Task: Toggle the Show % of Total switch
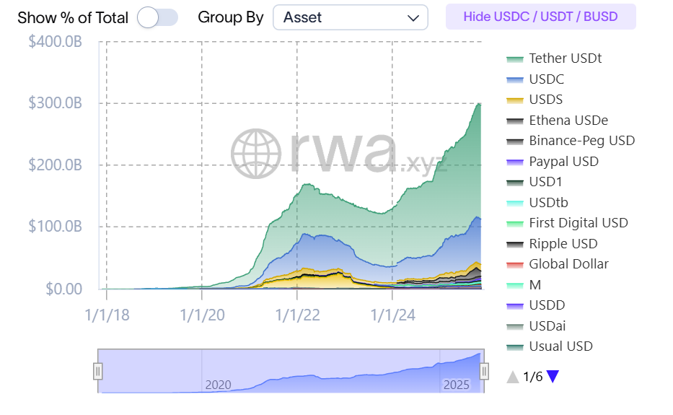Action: click(x=157, y=17)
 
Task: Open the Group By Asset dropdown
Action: click(x=350, y=17)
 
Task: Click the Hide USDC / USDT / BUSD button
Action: click(x=540, y=17)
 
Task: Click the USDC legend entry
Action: click(x=546, y=79)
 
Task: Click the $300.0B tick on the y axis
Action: click(x=55, y=103)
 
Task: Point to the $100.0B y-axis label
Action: click(x=55, y=227)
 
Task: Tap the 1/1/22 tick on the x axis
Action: click(x=296, y=315)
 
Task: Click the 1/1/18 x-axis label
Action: click(x=107, y=315)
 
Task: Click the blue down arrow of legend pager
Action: click(x=553, y=376)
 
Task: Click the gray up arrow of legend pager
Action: click(x=513, y=376)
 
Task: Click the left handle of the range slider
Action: click(x=98, y=371)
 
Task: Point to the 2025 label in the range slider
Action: click(x=456, y=385)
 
